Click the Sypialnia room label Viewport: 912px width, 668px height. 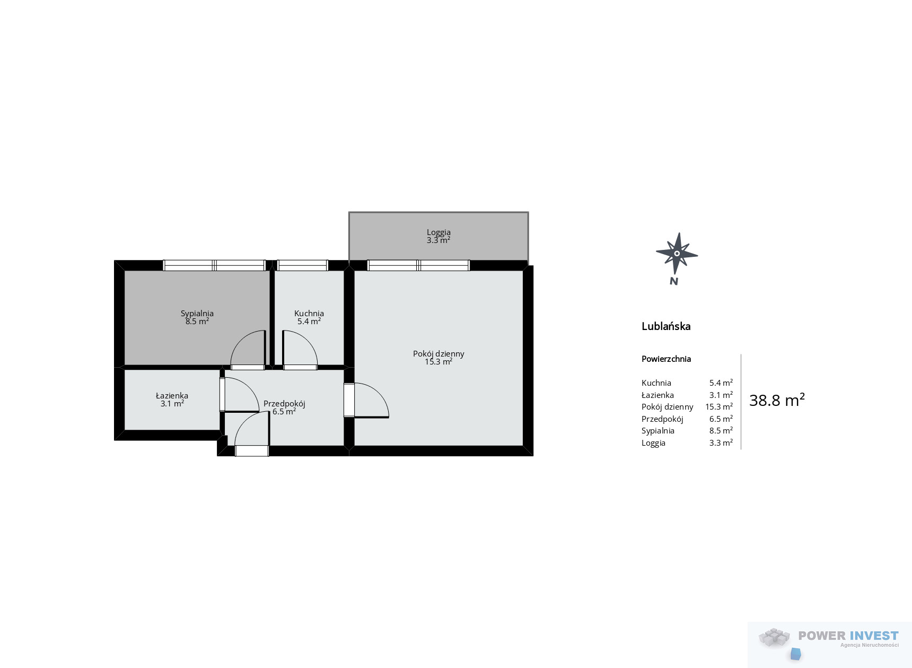point(197,314)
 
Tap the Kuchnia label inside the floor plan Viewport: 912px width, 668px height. point(309,314)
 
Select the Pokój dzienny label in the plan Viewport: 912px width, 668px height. point(439,354)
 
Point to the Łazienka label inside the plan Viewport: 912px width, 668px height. point(172,396)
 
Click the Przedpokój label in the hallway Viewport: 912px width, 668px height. point(284,404)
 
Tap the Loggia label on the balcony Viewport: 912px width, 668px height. point(439,232)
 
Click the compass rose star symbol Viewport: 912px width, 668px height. point(677,253)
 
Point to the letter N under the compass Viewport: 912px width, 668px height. point(674,281)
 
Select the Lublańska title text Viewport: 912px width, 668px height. point(666,326)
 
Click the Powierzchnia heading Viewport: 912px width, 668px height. point(666,359)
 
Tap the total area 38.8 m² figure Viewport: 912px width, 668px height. point(777,400)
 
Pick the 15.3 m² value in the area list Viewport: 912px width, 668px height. point(719,406)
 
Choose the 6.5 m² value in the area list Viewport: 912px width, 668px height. point(721,419)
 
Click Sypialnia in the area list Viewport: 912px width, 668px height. point(658,431)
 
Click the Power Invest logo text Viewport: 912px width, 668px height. point(848,636)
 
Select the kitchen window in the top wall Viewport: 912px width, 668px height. point(303,265)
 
